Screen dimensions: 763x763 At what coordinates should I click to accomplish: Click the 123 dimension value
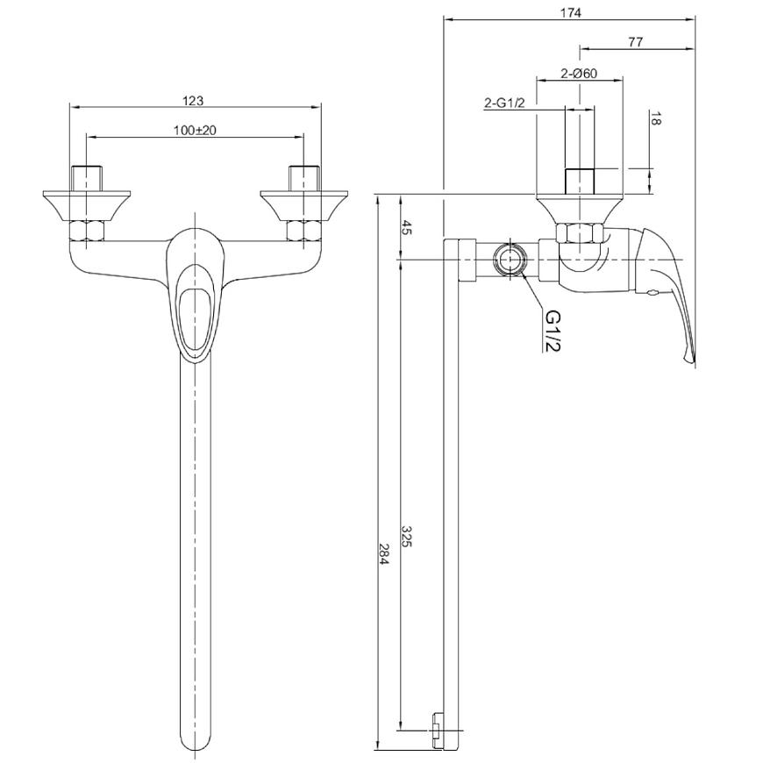pyautogui.click(x=193, y=101)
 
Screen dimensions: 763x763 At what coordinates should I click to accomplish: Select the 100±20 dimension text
pyautogui.click(x=195, y=131)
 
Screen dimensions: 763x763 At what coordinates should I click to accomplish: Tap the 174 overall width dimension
pyautogui.click(x=570, y=12)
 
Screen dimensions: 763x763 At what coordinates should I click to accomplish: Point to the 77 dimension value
pyautogui.click(x=635, y=42)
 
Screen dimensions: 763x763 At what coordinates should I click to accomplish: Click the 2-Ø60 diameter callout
pyautogui.click(x=579, y=74)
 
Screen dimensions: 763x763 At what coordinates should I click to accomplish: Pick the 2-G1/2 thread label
pyautogui.click(x=504, y=103)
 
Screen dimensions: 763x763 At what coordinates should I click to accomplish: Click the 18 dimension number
pyautogui.click(x=655, y=118)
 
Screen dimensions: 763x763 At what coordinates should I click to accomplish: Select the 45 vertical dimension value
pyautogui.click(x=407, y=227)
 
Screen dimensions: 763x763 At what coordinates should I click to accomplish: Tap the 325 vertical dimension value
pyautogui.click(x=407, y=536)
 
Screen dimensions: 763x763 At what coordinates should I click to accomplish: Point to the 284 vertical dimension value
pyautogui.click(x=384, y=554)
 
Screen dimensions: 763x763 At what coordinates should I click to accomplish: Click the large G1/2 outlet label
pyautogui.click(x=553, y=331)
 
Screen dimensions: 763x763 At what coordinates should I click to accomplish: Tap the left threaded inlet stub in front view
pyautogui.click(x=87, y=178)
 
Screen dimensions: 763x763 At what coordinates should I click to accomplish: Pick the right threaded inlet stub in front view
pyautogui.click(x=304, y=178)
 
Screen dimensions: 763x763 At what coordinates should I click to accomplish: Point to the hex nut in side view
pyautogui.click(x=580, y=232)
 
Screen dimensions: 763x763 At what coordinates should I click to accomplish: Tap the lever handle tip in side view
pyautogui.click(x=688, y=359)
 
